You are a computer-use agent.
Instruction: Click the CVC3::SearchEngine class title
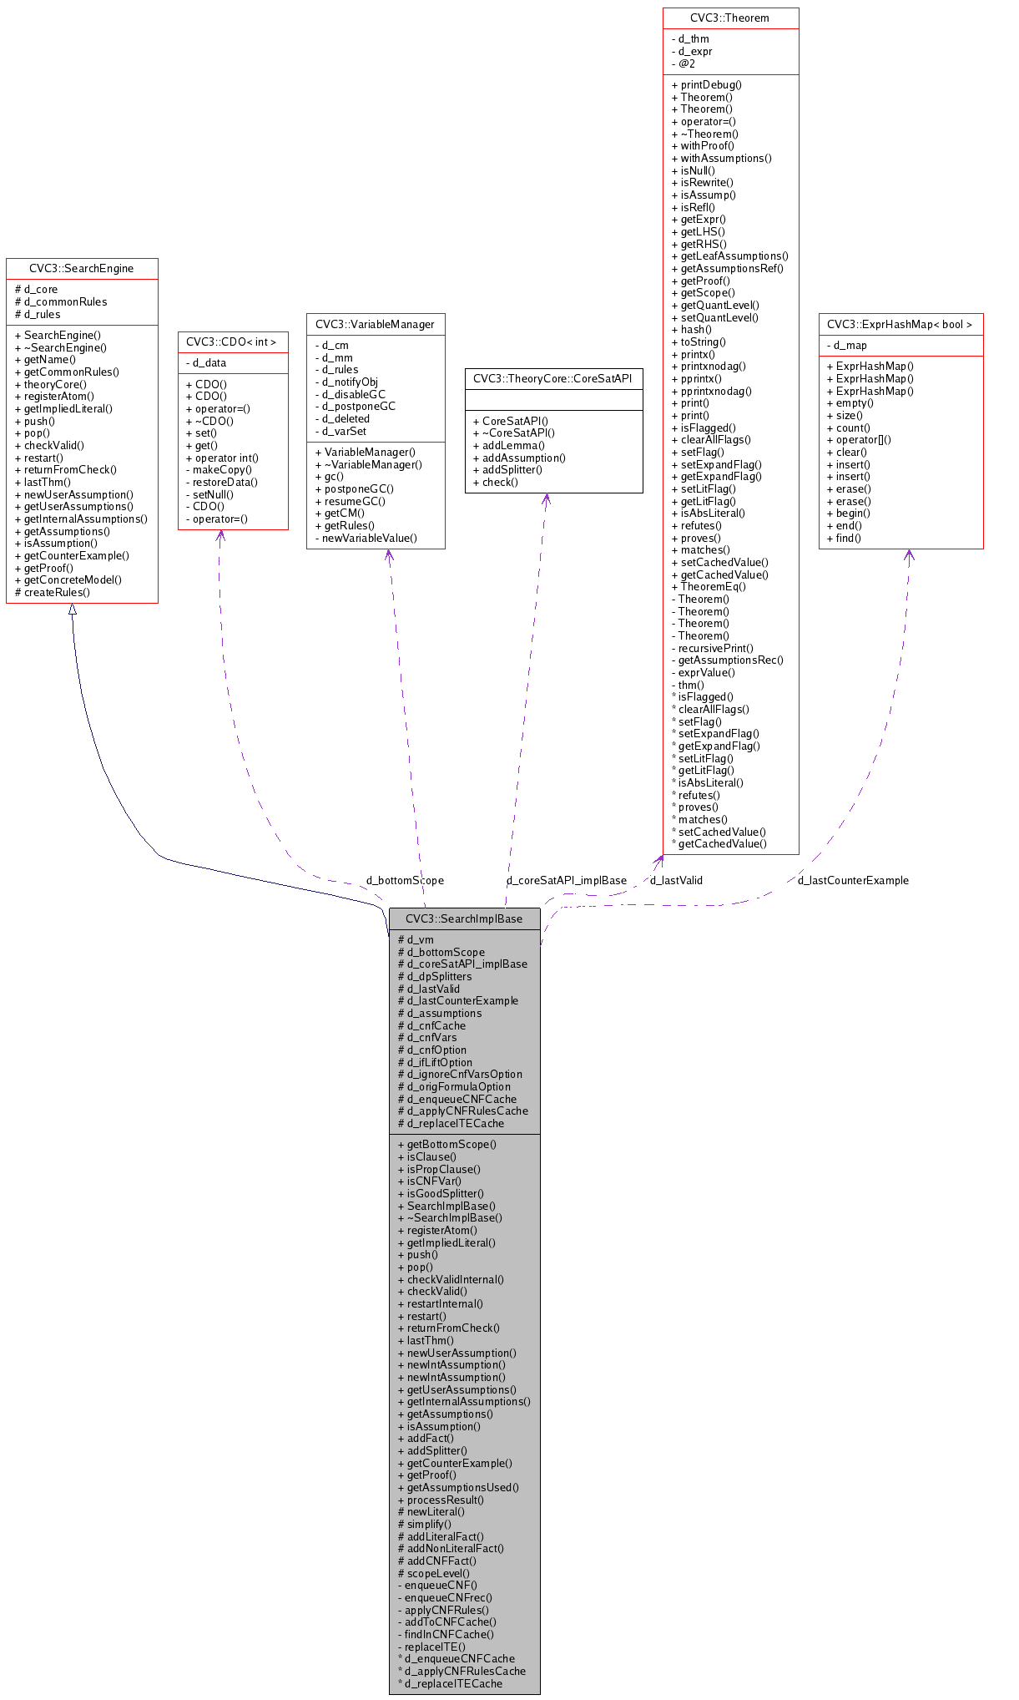click(x=81, y=269)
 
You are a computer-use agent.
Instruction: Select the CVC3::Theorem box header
click(x=729, y=18)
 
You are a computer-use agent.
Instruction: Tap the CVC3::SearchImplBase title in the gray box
click(x=464, y=918)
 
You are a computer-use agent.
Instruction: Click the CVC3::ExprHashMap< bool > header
click(x=900, y=324)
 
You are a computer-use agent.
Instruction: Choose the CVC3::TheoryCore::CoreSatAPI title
click(x=553, y=378)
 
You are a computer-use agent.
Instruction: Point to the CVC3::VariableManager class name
click(x=375, y=324)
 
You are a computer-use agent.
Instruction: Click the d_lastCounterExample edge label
click(x=853, y=880)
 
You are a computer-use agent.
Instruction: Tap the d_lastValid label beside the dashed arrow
click(x=676, y=880)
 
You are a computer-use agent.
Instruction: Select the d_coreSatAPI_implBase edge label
click(x=566, y=880)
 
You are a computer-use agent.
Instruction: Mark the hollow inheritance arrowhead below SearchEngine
click(x=73, y=610)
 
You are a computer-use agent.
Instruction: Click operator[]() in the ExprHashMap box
click(x=863, y=439)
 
